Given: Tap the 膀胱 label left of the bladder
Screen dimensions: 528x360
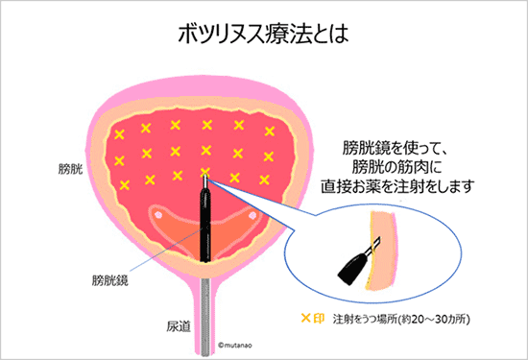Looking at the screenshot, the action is [70, 169].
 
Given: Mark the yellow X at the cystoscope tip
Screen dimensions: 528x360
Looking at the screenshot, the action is [204, 175].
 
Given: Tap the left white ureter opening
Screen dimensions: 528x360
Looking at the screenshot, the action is [155, 215].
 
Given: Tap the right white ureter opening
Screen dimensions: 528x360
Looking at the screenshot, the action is [252, 215].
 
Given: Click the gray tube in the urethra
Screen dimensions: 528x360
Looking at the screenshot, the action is [204, 298].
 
